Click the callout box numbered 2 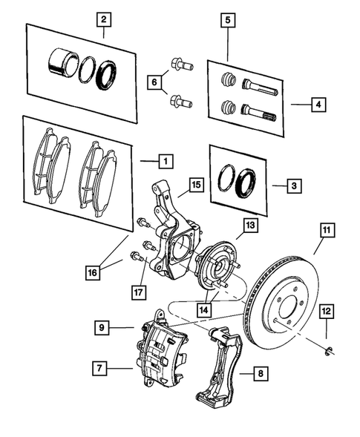pyautogui.click(x=104, y=19)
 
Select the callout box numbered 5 pyautogui.click(x=229, y=19)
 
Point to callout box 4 pyautogui.click(x=318, y=105)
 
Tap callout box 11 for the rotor pyautogui.click(x=326, y=230)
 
